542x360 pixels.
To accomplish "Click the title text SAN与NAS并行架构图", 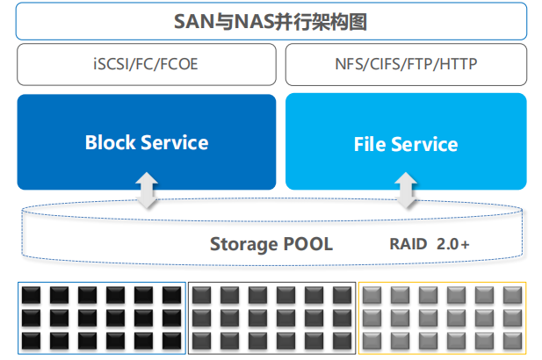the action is tap(270, 22).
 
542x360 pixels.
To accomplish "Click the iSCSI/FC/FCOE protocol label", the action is tap(146, 64).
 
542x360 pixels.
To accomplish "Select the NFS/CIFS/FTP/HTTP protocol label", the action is tap(406, 64).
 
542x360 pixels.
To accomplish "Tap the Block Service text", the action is tap(147, 142).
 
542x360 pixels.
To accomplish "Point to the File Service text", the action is tap(406, 144).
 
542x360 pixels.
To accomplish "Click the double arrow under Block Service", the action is tap(147, 191).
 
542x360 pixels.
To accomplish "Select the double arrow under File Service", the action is tap(406, 191).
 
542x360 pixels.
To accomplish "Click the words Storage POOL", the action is tap(271, 245).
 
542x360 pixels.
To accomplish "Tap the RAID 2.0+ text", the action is tap(430, 244).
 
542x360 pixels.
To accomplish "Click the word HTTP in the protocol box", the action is tap(459, 64).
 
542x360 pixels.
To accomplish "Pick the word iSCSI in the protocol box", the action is tap(107, 64).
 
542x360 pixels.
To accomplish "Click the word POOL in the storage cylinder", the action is tap(308, 244).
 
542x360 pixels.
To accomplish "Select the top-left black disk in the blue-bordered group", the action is tap(31, 295).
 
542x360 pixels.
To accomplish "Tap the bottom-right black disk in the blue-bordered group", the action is tap(172, 341).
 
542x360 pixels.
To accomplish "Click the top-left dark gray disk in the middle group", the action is tap(201, 295).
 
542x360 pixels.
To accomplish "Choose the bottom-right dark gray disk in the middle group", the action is tap(343, 341).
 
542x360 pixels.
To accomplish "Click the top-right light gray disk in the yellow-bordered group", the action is tap(513, 295).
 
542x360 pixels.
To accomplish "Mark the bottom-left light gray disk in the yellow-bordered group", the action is tap(372, 341).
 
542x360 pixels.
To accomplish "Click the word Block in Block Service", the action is tap(111, 142).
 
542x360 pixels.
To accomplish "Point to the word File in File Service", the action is tap(370, 144).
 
